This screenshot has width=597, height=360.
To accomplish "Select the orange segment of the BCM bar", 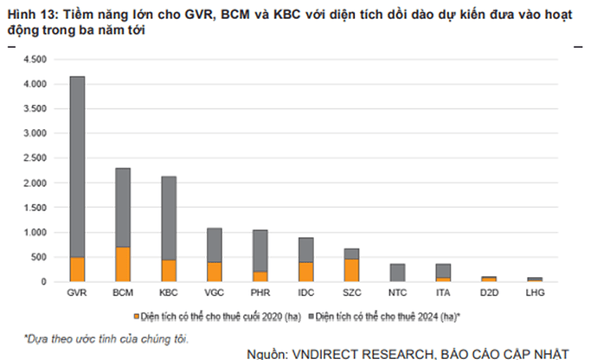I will point(123,264).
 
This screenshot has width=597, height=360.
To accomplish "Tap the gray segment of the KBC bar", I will point(169,217).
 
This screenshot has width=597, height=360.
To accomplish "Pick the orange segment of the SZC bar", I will point(351,270).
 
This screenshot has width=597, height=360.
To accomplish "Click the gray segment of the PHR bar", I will point(260,250).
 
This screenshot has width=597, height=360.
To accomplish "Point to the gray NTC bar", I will point(397,273).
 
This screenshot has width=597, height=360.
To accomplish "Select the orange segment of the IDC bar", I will point(305,272).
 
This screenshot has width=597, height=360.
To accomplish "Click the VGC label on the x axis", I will point(215,294).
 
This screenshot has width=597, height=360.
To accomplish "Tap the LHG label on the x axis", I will point(534,294).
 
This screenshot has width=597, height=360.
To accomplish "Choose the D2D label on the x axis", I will point(488,294).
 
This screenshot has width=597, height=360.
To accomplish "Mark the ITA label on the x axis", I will point(442,294).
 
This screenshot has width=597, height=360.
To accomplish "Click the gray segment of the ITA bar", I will point(442,270).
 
